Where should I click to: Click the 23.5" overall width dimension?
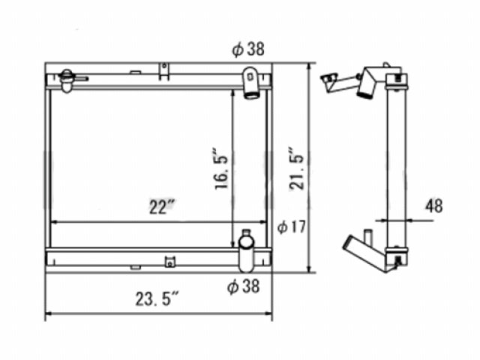[x=157, y=298]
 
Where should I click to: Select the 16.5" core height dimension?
[x=221, y=169]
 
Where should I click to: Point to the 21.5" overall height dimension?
[x=296, y=169]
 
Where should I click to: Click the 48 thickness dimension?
[x=433, y=205]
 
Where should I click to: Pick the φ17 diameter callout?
[x=292, y=226]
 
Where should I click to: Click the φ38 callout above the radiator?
[x=248, y=49]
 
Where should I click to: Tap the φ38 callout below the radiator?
[x=243, y=286]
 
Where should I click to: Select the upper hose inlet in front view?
[x=251, y=83]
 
